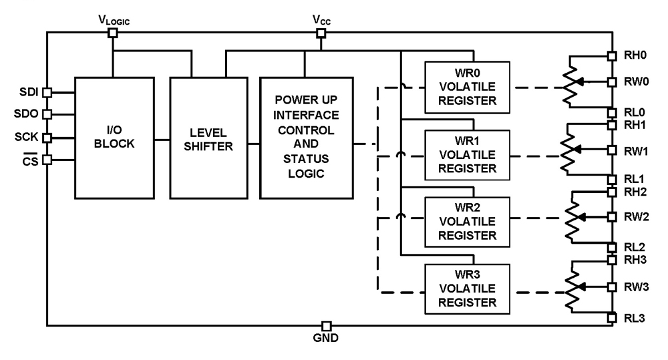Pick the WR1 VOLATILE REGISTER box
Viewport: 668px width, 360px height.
coord(467,153)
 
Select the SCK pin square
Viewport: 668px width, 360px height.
coord(47,138)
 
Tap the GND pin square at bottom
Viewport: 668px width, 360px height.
coord(326,325)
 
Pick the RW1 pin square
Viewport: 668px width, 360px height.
coord(611,150)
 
